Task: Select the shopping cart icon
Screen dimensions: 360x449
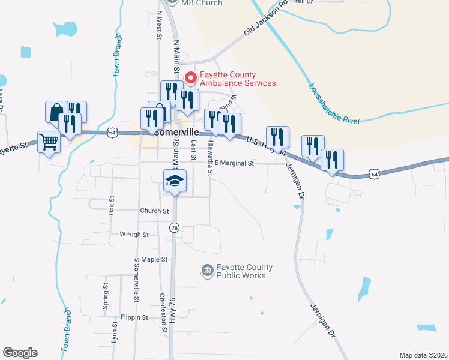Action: pos(49,143)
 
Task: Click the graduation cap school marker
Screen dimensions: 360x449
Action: pos(175,181)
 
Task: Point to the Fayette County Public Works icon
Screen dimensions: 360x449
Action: pos(207,272)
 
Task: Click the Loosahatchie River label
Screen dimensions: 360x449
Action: pos(333,103)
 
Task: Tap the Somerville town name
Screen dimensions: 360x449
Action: pos(176,130)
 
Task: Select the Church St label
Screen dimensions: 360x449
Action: pos(155,211)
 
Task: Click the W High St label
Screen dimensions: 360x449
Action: pos(134,235)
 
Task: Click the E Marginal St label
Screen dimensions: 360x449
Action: pos(235,163)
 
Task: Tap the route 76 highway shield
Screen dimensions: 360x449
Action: pos(174,228)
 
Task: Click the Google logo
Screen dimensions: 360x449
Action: pos(20,353)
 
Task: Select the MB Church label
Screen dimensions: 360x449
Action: pos(202,3)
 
